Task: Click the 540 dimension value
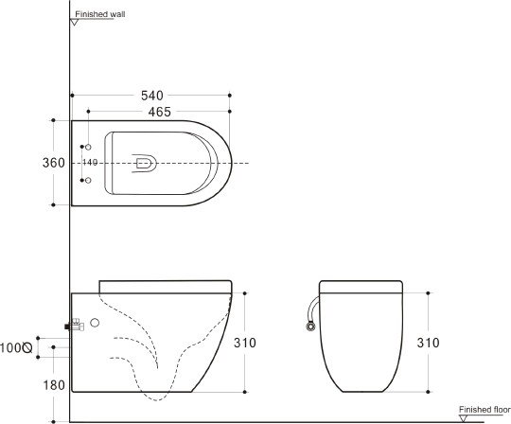coord(151,96)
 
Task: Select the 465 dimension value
coord(159,112)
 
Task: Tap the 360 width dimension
coord(54,163)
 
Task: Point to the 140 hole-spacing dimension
coord(90,162)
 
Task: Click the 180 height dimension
coord(54,385)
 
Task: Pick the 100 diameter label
coord(10,347)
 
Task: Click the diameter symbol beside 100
coord(27,347)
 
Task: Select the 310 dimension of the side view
coord(245,343)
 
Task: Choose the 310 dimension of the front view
coord(428,343)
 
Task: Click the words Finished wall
coord(100,14)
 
